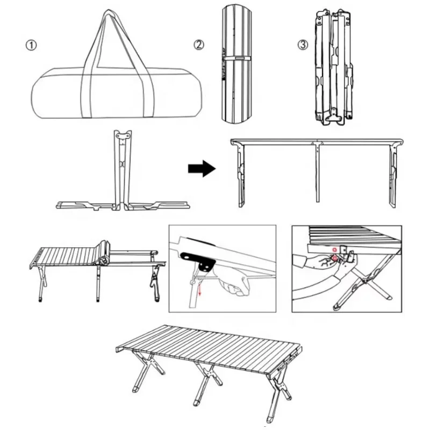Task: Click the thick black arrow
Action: (201, 169)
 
